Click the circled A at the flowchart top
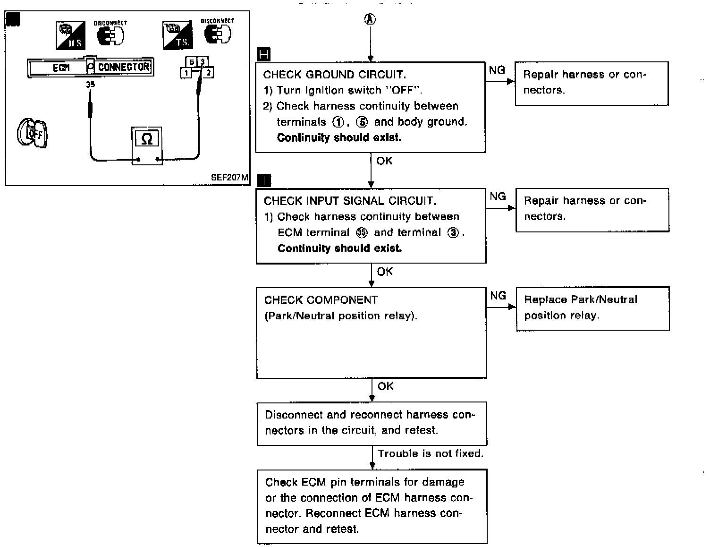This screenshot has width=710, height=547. tap(370, 20)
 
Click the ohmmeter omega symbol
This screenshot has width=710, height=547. tap(147, 138)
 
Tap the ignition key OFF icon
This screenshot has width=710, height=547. tap(32, 133)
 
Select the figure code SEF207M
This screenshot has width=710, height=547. tap(229, 177)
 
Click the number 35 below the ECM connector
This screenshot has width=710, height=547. tap(91, 85)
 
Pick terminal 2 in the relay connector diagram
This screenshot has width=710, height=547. tap(208, 73)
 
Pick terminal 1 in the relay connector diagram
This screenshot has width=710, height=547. tap(186, 73)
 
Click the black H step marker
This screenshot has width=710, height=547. tap(264, 54)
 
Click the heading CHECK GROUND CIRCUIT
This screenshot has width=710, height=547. tap(335, 75)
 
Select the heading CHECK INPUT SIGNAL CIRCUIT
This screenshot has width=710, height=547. tap(350, 201)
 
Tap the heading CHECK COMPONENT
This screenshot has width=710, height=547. tap(321, 300)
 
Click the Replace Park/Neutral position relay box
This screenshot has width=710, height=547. tap(593, 308)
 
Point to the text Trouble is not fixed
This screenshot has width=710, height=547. tap(431, 453)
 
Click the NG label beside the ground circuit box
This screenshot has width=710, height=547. tap(497, 70)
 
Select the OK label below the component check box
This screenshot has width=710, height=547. tap(386, 386)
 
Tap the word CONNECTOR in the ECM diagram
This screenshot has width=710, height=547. tap(124, 67)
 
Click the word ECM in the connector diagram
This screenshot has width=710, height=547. tap(61, 68)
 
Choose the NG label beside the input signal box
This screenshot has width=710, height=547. tap(498, 196)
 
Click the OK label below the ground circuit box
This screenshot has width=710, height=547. tap(384, 161)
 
